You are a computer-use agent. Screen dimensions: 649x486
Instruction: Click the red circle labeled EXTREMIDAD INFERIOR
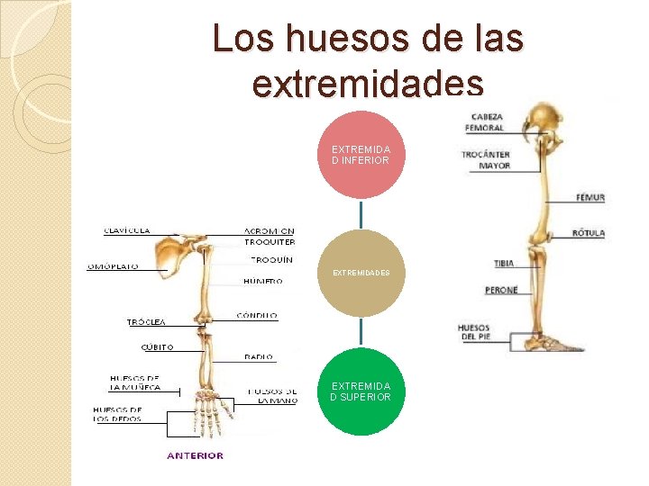pos(361,155)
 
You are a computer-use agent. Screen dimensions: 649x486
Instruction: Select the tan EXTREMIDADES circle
pos(361,272)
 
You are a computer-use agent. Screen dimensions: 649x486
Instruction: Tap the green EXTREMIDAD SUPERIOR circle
pos(361,391)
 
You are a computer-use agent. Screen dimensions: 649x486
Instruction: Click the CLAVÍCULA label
pos(127,231)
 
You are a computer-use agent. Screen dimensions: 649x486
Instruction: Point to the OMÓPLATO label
pos(113,266)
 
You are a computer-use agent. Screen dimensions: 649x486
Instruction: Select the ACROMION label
pos(269,231)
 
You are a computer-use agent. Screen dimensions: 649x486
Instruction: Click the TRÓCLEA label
pos(146,321)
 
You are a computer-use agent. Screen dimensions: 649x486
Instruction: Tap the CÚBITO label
pos(157,347)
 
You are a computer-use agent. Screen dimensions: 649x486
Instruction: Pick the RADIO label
pos(259,357)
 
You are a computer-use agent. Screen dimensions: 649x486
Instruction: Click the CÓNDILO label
pos(257,316)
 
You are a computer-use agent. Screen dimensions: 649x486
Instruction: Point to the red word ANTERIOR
pos(195,455)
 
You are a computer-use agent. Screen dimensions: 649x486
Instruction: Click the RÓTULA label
pos(588,234)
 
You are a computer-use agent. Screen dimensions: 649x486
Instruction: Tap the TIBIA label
pos(504,264)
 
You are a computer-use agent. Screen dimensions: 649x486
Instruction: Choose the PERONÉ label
pos(501,291)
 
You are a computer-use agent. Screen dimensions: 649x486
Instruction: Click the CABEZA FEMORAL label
pos(487,122)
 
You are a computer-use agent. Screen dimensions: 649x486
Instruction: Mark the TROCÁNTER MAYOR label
pos(486,159)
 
